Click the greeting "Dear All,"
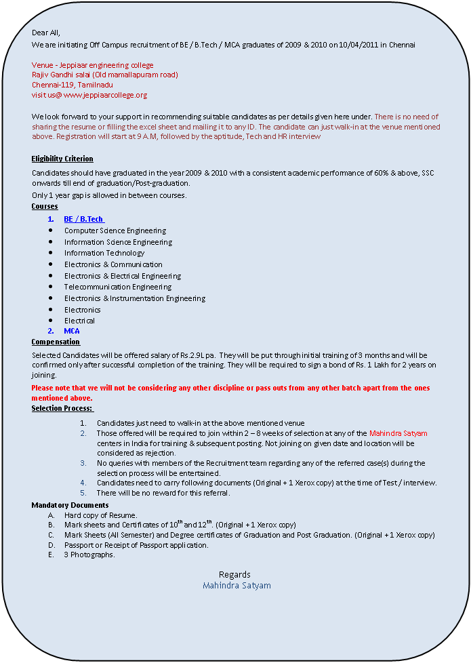click(x=46, y=33)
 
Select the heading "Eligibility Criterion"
click(x=62, y=159)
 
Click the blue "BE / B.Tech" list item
click(x=83, y=219)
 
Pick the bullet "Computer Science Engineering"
click(x=115, y=230)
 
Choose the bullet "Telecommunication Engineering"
click(x=118, y=287)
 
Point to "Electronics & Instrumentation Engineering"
click(x=135, y=298)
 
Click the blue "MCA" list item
click(x=72, y=331)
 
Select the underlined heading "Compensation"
click(x=56, y=342)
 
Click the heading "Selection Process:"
click(x=62, y=408)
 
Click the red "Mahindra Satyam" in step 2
click(x=398, y=433)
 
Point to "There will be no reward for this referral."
click(x=163, y=493)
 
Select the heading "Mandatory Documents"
click(x=70, y=505)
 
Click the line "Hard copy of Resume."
click(x=101, y=515)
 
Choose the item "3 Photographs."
click(x=89, y=555)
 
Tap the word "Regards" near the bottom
click(x=234, y=574)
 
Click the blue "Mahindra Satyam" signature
click(x=237, y=585)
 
